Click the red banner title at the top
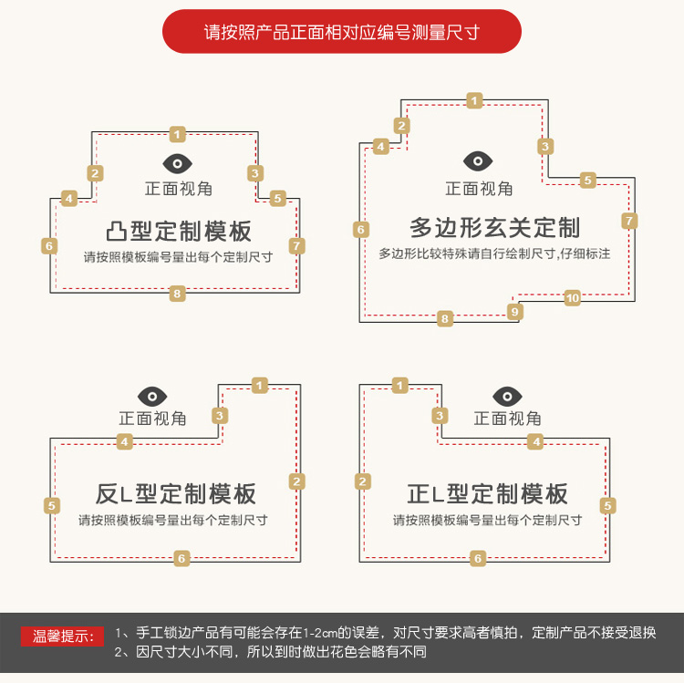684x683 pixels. [x=342, y=31]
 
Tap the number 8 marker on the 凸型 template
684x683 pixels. [x=177, y=294]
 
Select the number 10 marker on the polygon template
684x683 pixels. [x=573, y=298]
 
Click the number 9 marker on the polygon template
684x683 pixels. [x=514, y=312]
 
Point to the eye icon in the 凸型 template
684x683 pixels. [x=177, y=163]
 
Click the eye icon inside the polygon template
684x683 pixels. [x=478, y=161]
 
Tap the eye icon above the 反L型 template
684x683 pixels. [x=152, y=397]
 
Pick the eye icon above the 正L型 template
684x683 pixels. [x=507, y=397]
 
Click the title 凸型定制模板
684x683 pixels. [x=179, y=231]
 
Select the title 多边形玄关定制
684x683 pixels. [x=494, y=228]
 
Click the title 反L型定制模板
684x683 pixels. [x=175, y=494]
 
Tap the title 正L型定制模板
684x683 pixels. [x=487, y=494]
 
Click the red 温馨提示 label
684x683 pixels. [x=62, y=636]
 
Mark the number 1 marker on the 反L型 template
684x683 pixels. [x=260, y=386]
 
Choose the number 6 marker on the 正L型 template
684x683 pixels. [x=478, y=558]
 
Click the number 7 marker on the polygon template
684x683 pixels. [x=629, y=221]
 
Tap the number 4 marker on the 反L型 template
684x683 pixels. [x=124, y=442]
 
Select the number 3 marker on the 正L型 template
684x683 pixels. [x=440, y=416]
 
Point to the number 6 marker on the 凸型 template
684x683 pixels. [x=49, y=246]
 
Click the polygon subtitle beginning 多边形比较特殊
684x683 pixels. [x=494, y=254]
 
